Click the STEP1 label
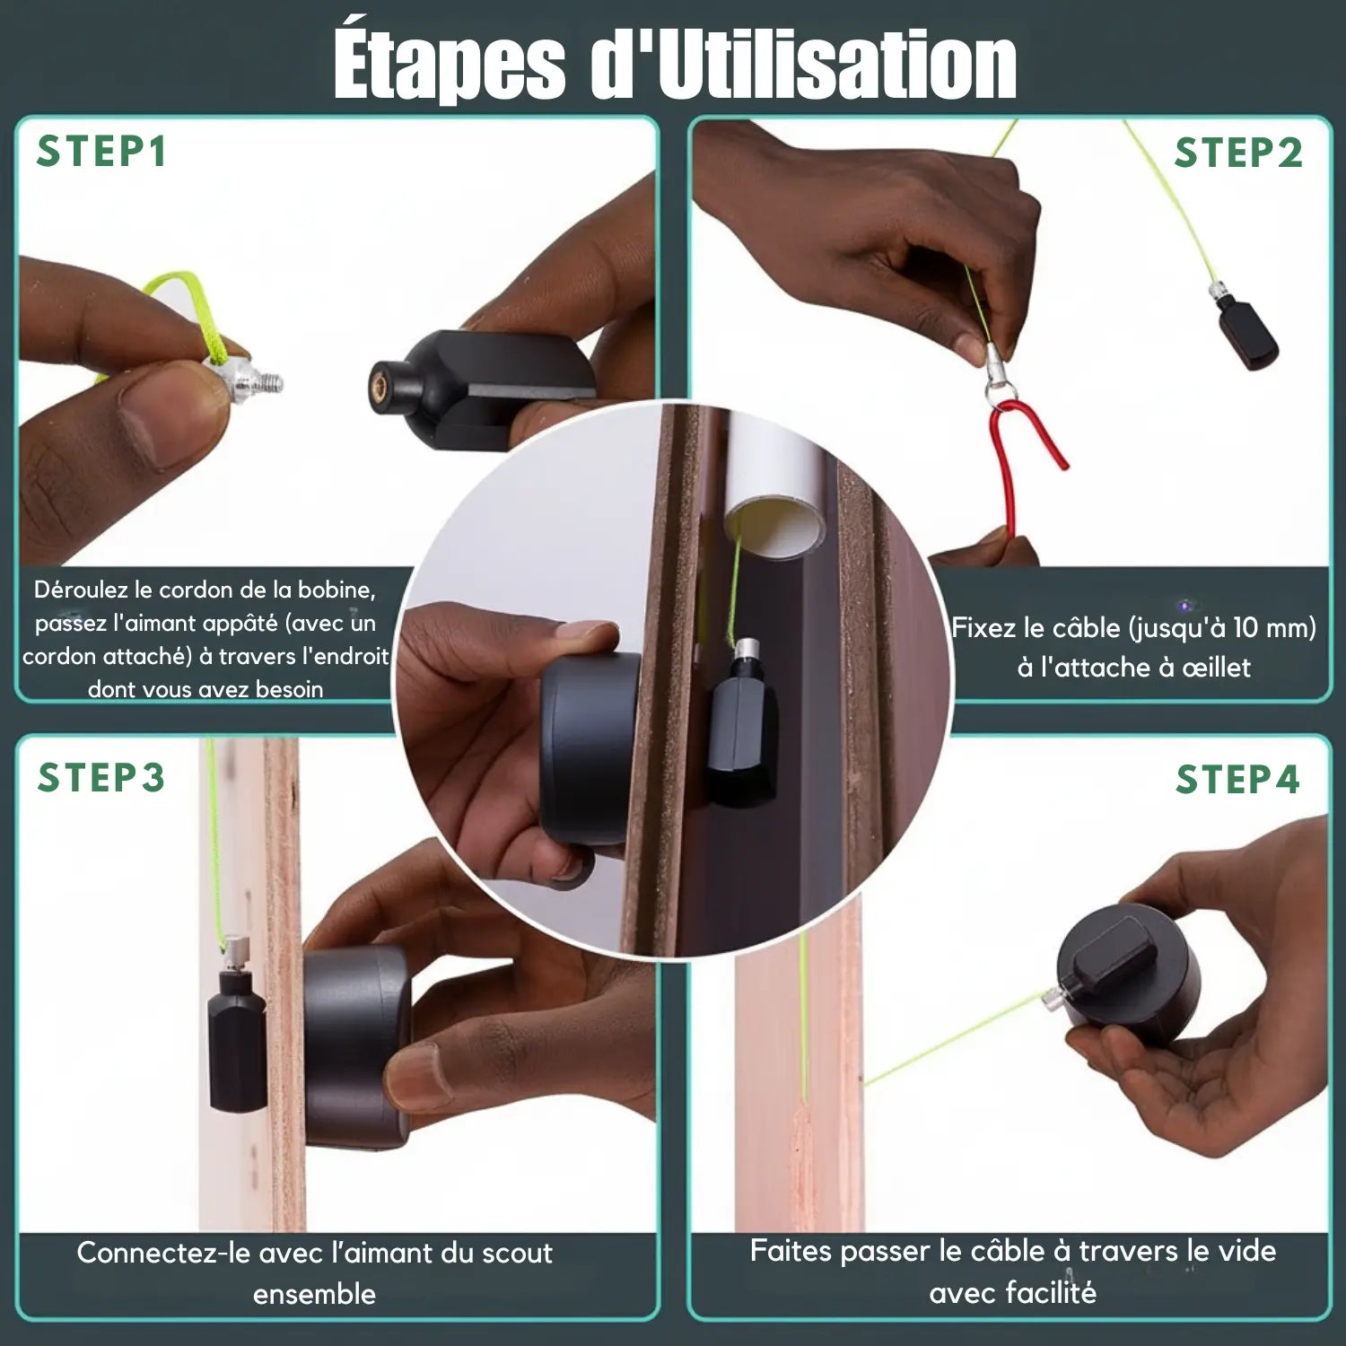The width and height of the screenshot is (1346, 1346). coord(101,152)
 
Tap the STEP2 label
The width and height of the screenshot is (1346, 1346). coord(1238,153)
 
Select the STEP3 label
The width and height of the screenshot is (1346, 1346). coord(101,777)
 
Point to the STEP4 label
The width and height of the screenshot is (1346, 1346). coord(1238,779)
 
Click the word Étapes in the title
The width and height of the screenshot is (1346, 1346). coord(450,65)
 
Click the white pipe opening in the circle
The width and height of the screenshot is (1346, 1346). coord(774,529)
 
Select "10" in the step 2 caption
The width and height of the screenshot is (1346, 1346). coord(1245,627)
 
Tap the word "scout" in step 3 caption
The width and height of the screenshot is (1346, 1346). coord(518,1253)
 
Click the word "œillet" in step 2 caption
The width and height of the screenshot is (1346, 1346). coord(1217,667)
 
